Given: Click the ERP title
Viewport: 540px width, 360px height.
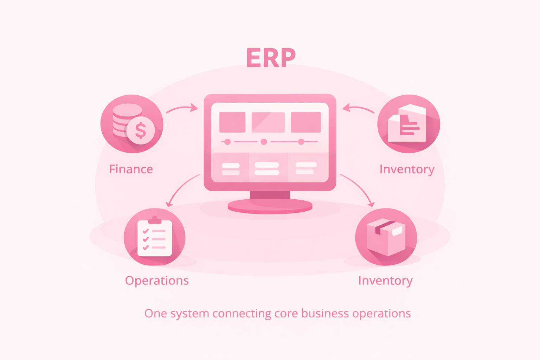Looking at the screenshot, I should point(271,58).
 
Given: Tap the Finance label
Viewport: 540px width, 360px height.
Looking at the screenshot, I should point(131,169).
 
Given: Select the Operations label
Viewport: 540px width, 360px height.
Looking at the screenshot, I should point(157,281).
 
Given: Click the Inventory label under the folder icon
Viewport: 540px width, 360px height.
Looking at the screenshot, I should point(407,169).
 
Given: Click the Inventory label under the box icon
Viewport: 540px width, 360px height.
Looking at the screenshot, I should point(385,281).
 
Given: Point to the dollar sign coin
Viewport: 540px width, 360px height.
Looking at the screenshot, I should point(141,130).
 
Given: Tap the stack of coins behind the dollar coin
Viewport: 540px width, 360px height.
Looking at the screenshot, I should point(123,116).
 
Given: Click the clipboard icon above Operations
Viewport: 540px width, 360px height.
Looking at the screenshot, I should point(155,238).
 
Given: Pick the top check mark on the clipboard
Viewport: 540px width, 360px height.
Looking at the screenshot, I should point(146,231).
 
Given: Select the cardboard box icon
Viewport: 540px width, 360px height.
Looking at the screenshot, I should point(386,237).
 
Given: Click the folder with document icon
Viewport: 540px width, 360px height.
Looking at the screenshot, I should point(407,124).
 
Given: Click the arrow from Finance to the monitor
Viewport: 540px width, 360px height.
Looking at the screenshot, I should point(182,108).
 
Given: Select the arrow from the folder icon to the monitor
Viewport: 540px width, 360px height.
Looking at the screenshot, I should point(358,108).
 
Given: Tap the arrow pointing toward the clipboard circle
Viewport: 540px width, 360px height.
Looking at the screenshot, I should point(181,188).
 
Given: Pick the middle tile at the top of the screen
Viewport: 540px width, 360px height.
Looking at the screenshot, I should point(268,122).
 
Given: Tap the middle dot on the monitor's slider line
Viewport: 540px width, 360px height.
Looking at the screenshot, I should point(264,142).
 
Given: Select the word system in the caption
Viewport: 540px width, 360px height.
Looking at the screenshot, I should point(189,314).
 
